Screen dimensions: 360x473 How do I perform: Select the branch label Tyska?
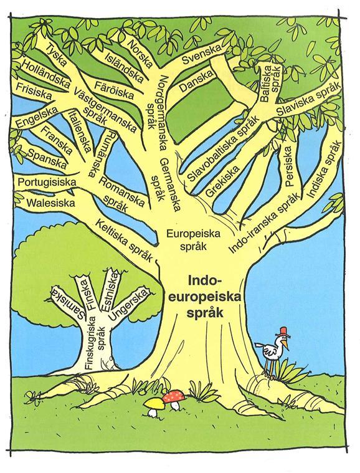tap(55, 55)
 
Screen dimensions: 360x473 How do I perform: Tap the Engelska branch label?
tap(37, 118)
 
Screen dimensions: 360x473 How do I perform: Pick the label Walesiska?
tap(50, 203)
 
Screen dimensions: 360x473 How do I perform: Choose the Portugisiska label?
tap(47, 183)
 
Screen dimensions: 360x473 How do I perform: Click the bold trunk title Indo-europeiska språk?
tap(205, 297)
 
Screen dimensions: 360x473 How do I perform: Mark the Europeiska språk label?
tap(193, 240)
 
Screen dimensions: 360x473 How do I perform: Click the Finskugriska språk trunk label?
tap(95, 342)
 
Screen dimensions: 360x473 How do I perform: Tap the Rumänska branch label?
tap(101, 154)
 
